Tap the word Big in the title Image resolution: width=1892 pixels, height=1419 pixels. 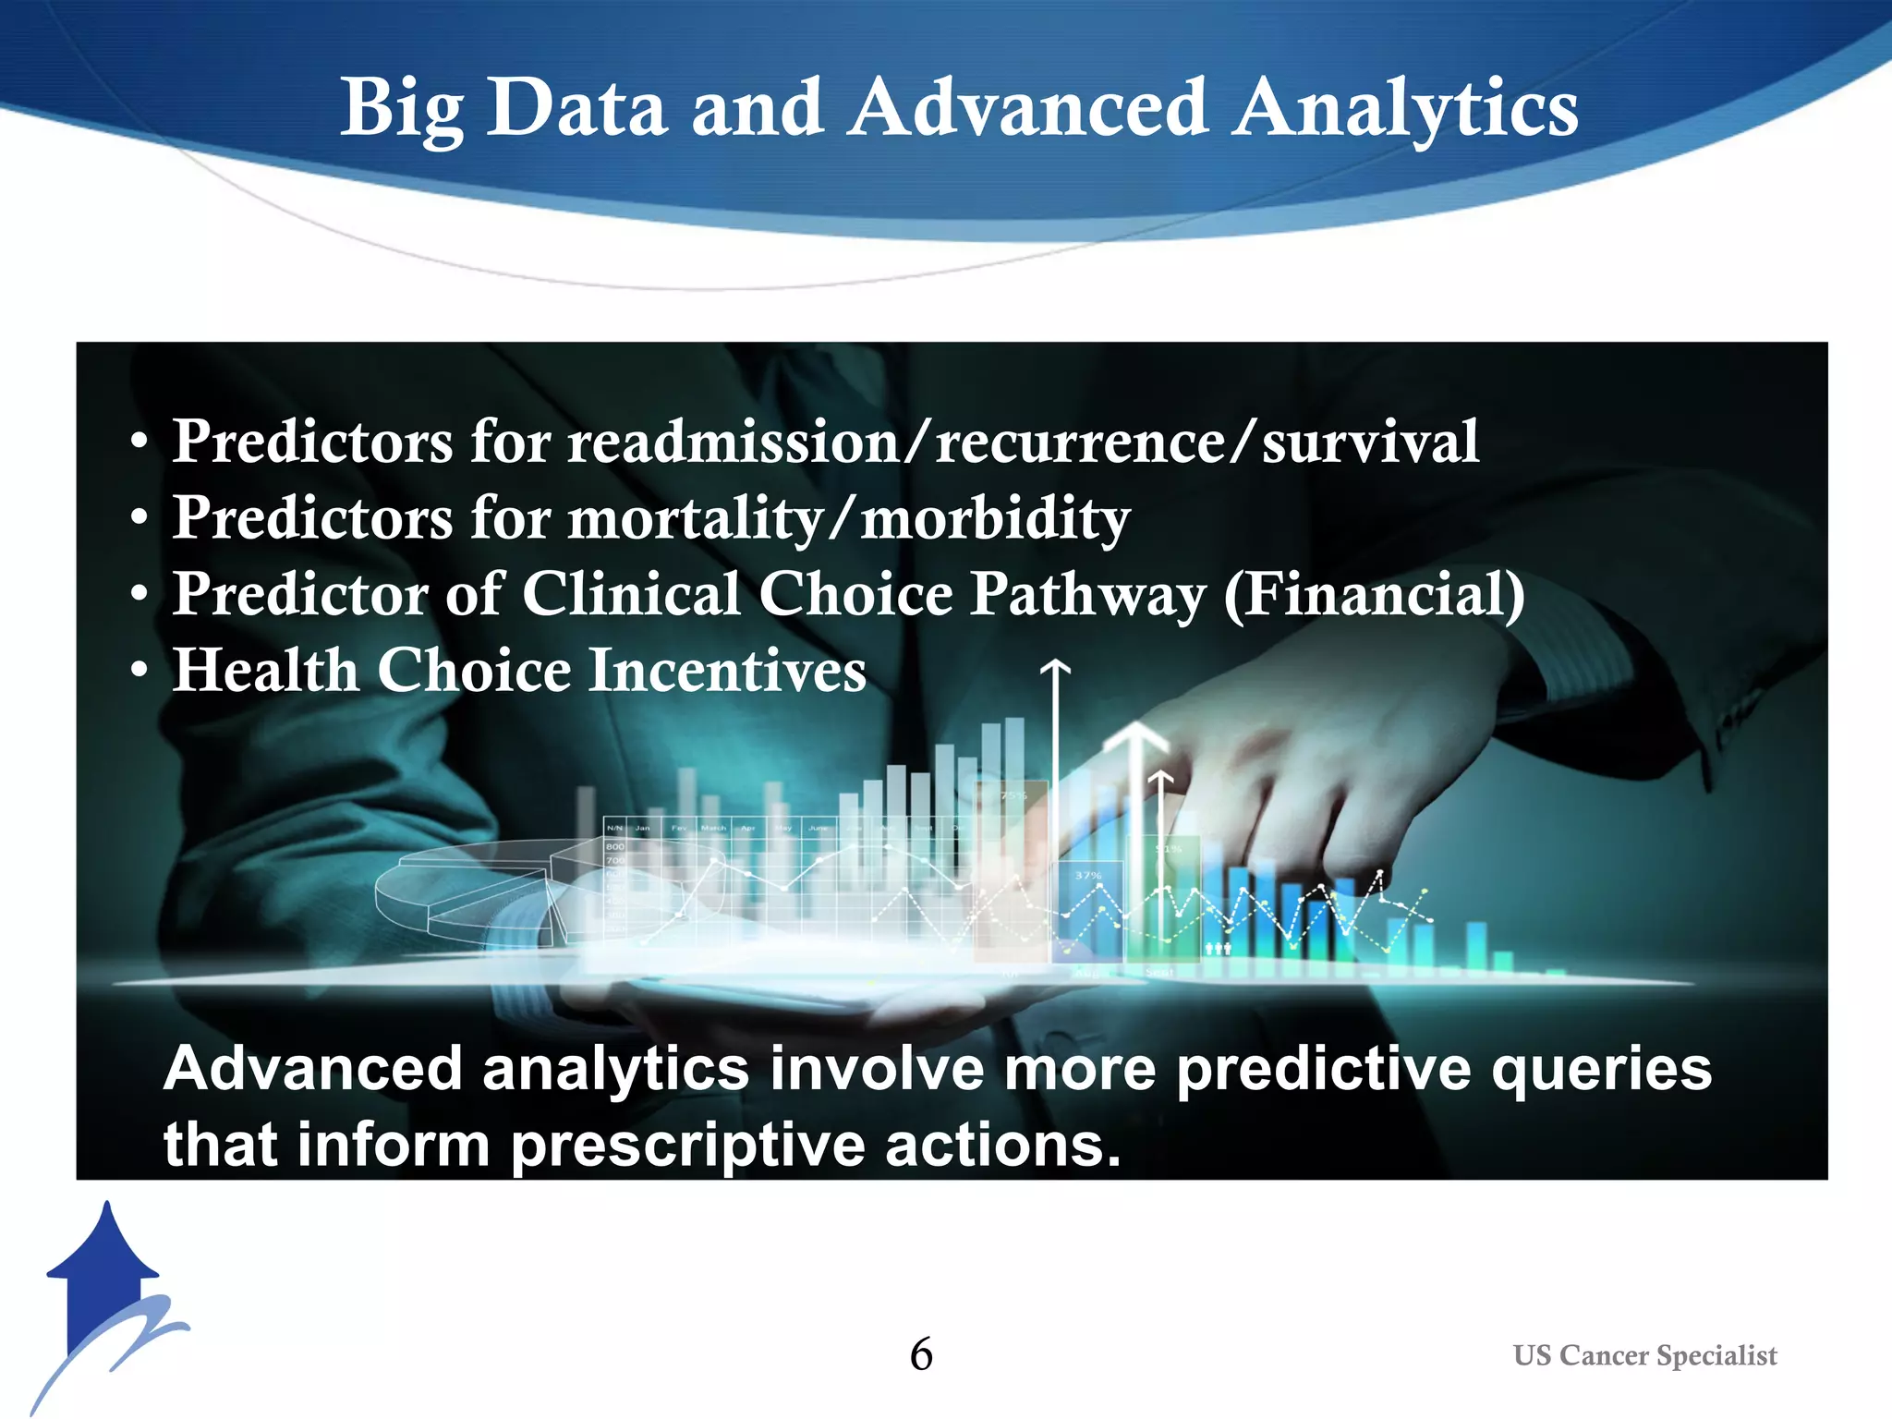[x=401, y=109]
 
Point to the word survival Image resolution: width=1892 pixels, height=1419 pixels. [x=1370, y=442]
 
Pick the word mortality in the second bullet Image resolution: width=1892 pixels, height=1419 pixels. [x=694, y=517]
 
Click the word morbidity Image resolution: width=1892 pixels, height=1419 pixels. [x=995, y=517]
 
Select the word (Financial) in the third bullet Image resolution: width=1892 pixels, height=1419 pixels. [x=1374, y=594]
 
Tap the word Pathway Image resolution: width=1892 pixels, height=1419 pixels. [x=1087, y=594]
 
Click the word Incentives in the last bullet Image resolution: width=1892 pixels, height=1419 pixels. [x=727, y=670]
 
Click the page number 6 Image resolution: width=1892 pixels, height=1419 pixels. [x=921, y=1354]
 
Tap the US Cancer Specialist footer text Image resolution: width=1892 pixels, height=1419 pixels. [x=1644, y=1355]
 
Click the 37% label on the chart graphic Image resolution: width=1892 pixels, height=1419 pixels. [x=1087, y=875]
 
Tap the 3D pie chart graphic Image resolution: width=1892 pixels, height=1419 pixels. [x=471, y=891]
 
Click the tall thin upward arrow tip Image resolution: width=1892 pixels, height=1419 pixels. [x=1055, y=666]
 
